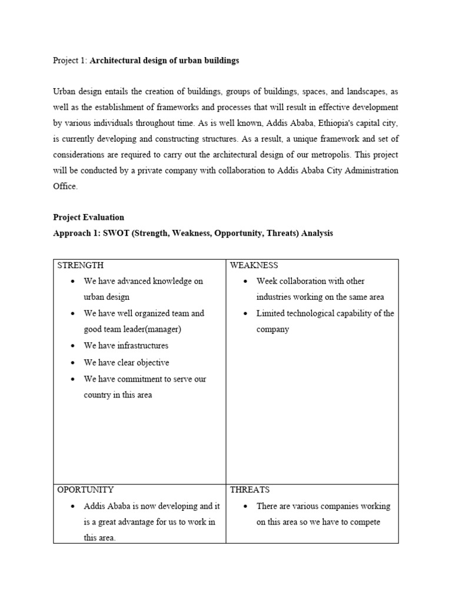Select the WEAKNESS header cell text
254,265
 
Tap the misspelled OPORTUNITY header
85,489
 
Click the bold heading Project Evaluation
88,217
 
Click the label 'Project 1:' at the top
69,61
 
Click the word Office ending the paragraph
65,186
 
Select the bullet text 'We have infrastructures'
126,346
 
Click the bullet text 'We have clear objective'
126,363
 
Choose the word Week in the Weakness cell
267,281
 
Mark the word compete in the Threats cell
365,522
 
